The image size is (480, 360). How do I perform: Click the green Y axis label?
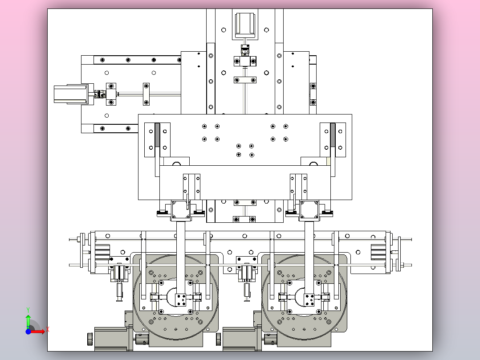[x=28, y=310]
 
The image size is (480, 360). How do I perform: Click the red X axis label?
[x=48, y=330]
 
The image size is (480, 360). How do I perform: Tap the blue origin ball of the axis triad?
[x=28, y=331]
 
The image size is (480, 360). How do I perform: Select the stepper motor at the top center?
[x=245, y=25]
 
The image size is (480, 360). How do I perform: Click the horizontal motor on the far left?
[x=71, y=94]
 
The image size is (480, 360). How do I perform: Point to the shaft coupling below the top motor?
[x=245, y=49]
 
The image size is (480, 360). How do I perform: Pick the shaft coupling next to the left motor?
[x=99, y=94]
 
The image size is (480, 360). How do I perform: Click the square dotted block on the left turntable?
[x=181, y=300]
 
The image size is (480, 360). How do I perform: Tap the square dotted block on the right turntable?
[x=309, y=300]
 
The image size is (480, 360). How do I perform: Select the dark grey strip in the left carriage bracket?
[x=157, y=135]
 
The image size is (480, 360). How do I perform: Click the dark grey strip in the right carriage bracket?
[x=333, y=135]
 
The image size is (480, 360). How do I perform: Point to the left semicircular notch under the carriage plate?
[x=177, y=164]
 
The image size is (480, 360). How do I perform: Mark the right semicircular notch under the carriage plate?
[x=313, y=164]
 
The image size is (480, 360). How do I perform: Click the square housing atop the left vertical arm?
[x=181, y=210]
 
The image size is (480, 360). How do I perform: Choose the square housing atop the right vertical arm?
[x=309, y=210]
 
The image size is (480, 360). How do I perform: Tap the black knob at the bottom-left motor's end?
[x=90, y=339]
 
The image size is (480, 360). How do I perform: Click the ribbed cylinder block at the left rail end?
[x=102, y=252]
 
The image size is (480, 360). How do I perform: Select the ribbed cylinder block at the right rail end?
[x=378, y=252]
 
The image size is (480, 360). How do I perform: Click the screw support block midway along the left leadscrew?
[x=146, y=94]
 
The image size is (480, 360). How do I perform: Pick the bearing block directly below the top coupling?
[x=245, y=61]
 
